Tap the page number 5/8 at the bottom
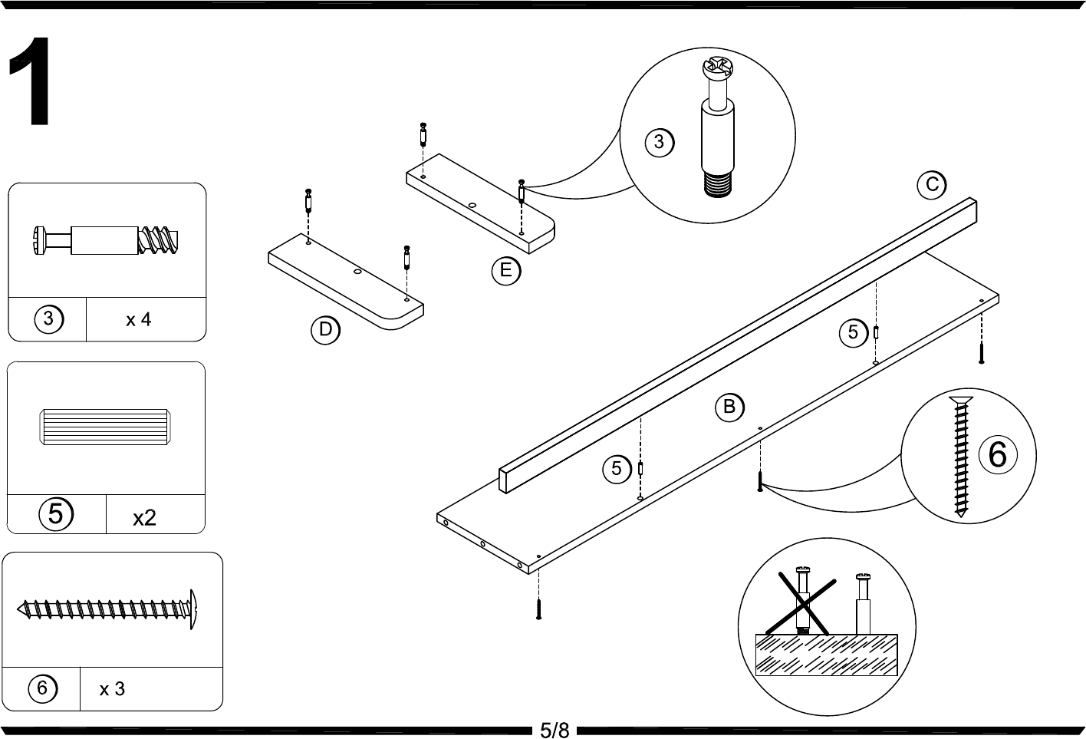555,730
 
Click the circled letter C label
932,185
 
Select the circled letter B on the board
729,407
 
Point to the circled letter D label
325,330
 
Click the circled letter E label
505,270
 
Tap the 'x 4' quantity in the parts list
139,320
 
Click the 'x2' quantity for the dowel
144,518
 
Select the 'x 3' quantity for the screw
112,689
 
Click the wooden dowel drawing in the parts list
105,427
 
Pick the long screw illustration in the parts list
107,609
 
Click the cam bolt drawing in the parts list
106,240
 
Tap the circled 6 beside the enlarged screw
997,455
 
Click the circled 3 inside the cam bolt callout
660,142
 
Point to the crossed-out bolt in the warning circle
803,602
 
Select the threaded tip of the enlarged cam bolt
718,186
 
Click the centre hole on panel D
358,271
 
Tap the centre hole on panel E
472,205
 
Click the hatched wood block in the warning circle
827,655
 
